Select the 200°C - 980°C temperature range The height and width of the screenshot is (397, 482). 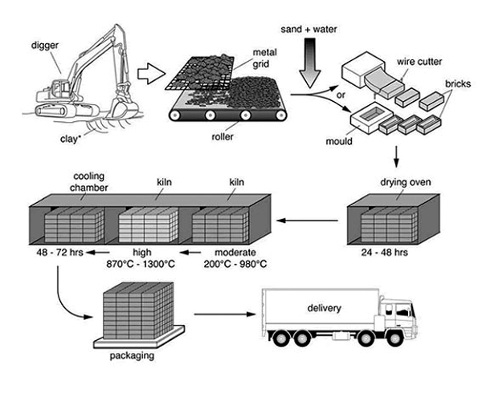pyautogui.click(x=235, y=262)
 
